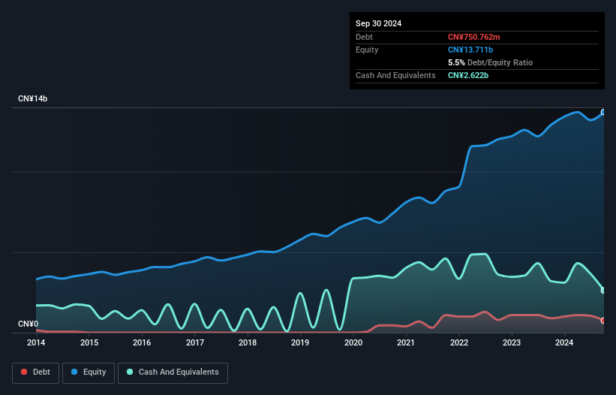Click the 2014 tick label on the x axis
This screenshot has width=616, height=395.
(x=36, y=342)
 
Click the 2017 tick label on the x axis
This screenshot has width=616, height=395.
(x=195, y=342)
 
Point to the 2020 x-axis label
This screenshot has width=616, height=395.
(x=353, y=342)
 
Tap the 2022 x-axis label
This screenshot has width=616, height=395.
(x=459, y=342)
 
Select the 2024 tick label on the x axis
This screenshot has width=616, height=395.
(x=564, y=342)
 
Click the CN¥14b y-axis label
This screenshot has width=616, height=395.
(x=33, y=99)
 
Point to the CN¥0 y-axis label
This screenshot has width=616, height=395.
(x=28, y=324)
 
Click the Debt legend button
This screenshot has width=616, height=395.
(x=35, y=372)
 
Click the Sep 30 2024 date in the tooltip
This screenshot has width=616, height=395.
(x=378, y=23)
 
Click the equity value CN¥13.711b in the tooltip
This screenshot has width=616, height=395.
(x=472, y=50)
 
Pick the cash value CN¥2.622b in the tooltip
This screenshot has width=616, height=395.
(x=469, y=75)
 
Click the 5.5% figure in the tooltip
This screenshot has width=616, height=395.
(x=455, y=62)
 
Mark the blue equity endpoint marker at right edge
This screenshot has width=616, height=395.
(x=603, y=113)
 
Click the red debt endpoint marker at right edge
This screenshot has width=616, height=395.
(x=603, y=321)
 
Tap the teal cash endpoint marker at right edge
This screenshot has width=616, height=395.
(x=603, y=291)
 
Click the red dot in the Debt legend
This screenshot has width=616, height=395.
(x=25, y=372)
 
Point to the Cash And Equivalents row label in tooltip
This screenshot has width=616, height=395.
(x=395, y=75)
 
